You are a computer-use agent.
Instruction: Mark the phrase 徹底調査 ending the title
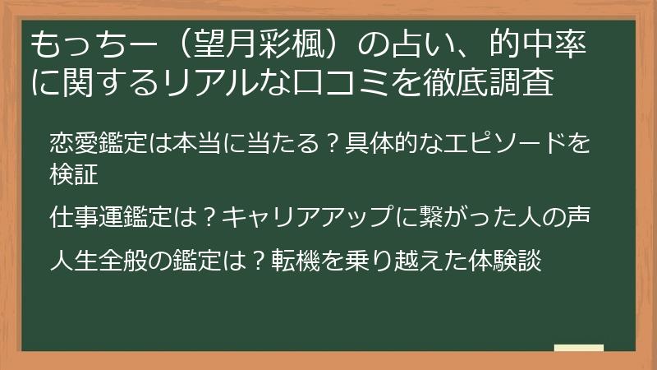(489, 81)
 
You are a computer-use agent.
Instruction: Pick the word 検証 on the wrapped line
(74, 174)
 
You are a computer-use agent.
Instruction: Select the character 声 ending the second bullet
(578, 217)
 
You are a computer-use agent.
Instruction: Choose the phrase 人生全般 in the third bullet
(99, 260)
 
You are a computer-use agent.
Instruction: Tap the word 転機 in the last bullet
(296, 260)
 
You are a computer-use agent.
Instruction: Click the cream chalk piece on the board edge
(579, 348)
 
